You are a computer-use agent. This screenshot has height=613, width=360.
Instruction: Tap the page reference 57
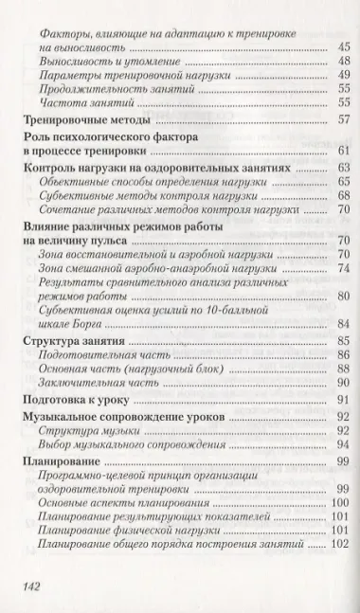pyautogui.click(x=343, y=118)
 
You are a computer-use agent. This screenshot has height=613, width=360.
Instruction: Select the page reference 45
pyautogui.click(x=343, y=45)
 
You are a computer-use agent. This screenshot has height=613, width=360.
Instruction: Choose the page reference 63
pyautogui.click(x=343, y=166)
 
